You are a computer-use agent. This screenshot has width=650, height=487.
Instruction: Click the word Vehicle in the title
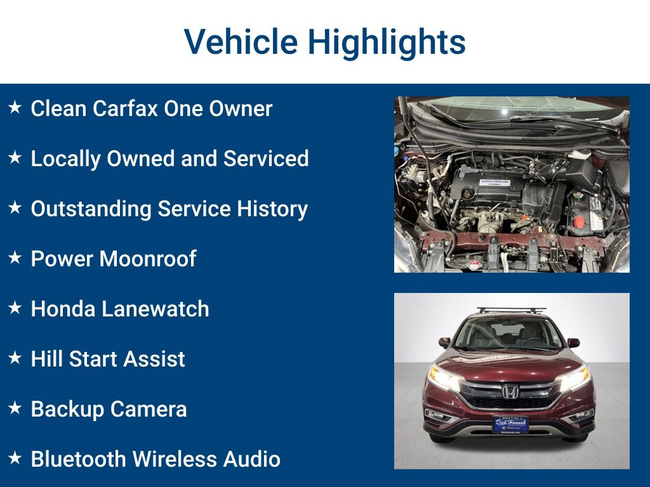241,42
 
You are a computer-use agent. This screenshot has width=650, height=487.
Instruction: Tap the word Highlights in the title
387,42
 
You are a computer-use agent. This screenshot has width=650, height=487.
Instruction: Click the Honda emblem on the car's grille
510,391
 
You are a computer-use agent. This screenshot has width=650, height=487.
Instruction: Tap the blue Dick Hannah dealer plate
510,424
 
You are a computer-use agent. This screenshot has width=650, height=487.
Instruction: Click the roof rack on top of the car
511,311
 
